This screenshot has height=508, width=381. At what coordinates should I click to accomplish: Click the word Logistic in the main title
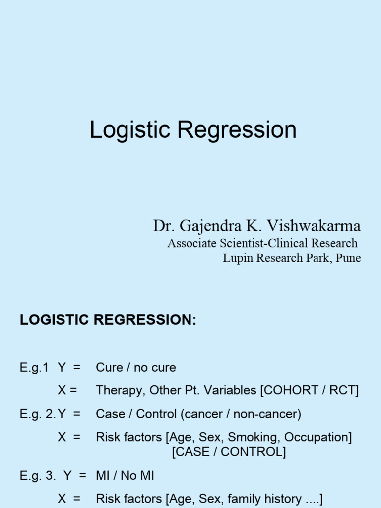(x=130, y=130)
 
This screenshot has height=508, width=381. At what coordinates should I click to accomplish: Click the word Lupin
(x=235, y=258)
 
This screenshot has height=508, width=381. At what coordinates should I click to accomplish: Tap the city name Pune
(x=348, y=258)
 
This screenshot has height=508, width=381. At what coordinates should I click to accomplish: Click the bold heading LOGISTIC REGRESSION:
(x=108, y=320)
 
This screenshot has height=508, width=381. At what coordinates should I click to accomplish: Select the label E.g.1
(x=34, y=368)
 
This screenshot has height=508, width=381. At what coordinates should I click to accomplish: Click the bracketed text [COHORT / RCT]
(x=309, y=391)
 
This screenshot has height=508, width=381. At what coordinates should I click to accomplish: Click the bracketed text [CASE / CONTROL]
(x=229, y=452)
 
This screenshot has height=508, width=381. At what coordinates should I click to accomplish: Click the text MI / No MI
(x=125, y=476)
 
